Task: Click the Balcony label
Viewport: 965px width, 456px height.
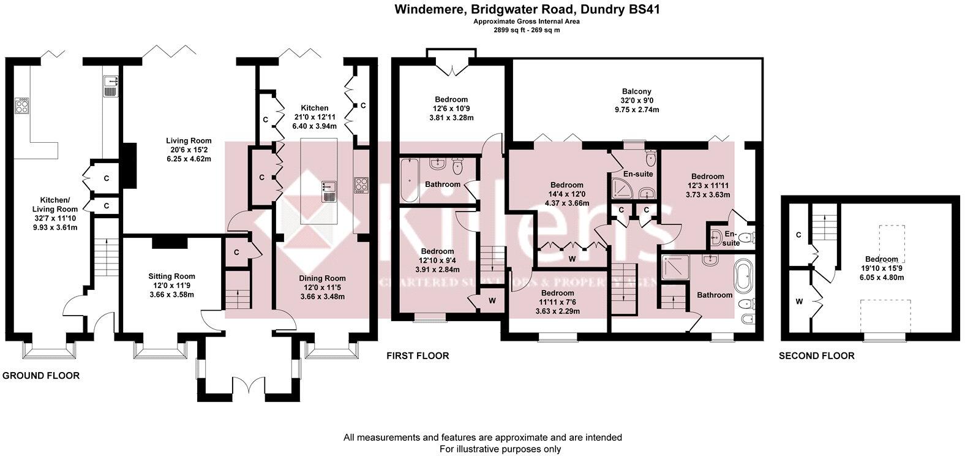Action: pos(637,91)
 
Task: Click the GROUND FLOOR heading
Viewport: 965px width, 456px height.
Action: pos(41,376)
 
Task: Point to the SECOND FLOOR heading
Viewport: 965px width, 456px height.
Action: pos(816,355)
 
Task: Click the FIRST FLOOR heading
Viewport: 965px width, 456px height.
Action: pos(418,355)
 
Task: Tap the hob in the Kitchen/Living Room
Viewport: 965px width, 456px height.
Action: pos(22,106)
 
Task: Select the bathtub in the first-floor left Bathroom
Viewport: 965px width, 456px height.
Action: pos(408,181)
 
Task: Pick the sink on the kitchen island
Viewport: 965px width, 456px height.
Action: pos(328,191)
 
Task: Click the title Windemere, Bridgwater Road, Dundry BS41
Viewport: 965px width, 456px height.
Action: pos(527,9)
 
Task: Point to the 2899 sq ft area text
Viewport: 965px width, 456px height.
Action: pos(526,30)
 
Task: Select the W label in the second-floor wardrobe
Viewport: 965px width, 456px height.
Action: pos(798,302)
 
